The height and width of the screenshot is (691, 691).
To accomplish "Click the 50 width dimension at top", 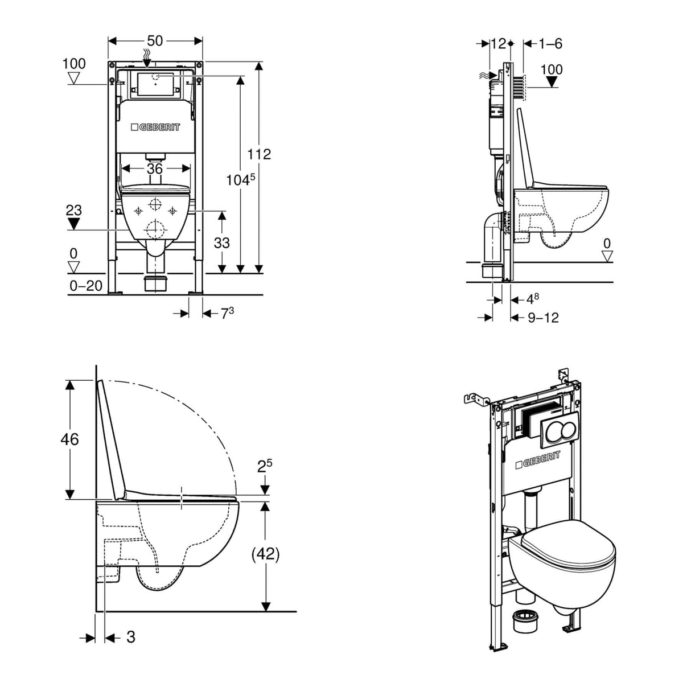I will [155, 41].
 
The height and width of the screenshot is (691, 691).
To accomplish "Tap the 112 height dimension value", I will [259, 154].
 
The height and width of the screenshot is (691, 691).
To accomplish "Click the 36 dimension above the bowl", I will [155, 168].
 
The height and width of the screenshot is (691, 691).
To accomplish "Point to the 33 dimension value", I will [221, 243].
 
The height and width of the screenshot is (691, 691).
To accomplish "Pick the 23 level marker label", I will [73, 211].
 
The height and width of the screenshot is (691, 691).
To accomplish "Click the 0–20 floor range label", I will [86, 286].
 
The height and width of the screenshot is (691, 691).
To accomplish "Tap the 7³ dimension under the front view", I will [227, 313].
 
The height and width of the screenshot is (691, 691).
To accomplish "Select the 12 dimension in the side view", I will [498, 43].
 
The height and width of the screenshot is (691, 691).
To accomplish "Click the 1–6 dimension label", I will [550, 43].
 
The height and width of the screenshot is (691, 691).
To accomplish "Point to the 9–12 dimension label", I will [543, 318].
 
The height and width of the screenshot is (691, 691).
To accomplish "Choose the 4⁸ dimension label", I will [532, 298].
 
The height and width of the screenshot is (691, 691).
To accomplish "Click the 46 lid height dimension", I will [70, 439].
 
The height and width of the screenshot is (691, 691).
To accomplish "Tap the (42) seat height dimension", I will [265, 554].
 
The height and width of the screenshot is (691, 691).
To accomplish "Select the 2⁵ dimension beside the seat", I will [265, 467].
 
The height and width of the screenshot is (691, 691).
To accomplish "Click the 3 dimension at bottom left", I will [130, 637].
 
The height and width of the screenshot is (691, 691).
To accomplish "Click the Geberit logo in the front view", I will [155, 127].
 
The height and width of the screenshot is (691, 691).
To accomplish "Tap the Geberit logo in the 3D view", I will [538, 459].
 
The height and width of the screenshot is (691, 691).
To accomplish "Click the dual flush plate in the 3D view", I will [559, 427].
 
